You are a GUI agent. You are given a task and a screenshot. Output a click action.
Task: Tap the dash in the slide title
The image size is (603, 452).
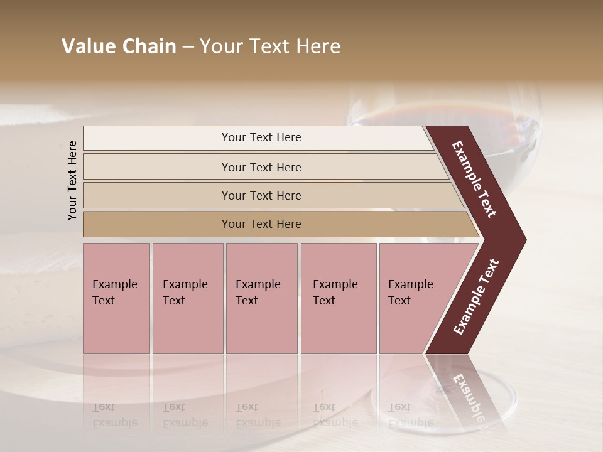(x=188, y=47)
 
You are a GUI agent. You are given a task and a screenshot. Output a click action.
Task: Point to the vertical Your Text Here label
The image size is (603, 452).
(x=72, y=180)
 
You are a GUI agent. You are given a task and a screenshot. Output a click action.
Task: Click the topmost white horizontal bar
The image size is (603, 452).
(x=258, y=138)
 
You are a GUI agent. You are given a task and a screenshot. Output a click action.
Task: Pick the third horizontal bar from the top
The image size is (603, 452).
(x=270, y=195)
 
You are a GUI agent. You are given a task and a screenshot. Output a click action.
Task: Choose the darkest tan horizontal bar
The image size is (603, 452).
(x=276, y=224)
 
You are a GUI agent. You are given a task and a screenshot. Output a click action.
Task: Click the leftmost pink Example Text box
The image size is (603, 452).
(x=116, y=298)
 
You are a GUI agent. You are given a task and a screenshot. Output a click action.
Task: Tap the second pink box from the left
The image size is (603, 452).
(x=187, y=298)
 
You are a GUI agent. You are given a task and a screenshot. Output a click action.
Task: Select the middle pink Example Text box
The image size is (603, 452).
(x=261, y=298)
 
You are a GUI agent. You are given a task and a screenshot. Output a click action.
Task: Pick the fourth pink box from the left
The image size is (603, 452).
(x=339, y=298)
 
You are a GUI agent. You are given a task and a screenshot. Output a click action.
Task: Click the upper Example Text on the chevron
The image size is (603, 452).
(x=474, y=179)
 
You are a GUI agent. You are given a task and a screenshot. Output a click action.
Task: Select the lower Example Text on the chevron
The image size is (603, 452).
(x=476, y=297)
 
